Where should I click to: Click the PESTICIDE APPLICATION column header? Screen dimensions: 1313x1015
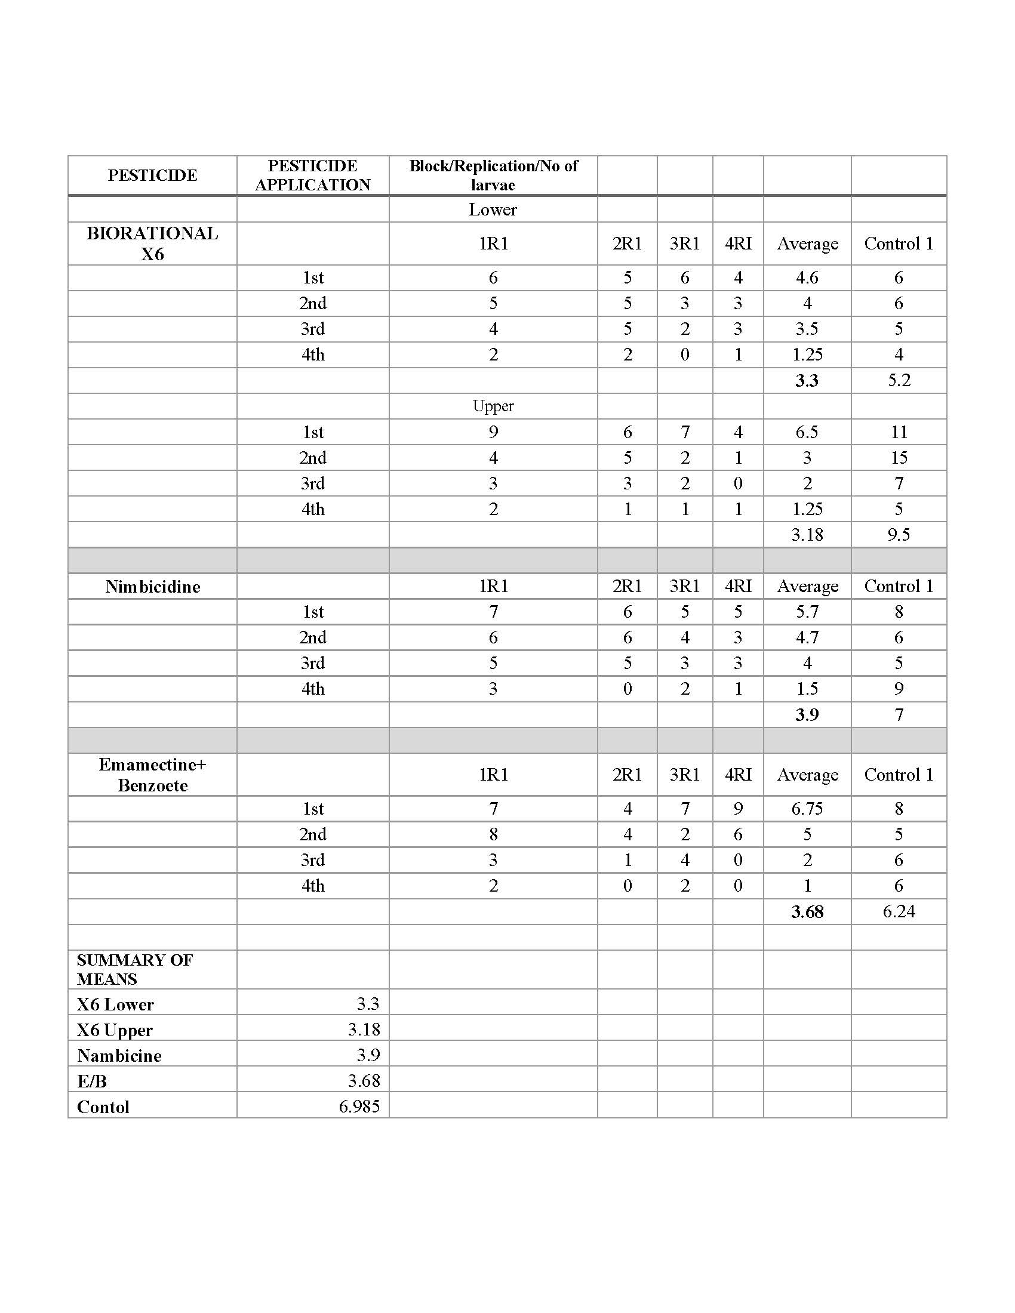click(313, 175)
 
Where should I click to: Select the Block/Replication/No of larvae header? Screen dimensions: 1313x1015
click(493, 175)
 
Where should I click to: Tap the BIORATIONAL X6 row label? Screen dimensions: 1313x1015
click(152, 244)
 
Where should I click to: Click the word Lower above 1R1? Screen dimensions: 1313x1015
click(493, 209)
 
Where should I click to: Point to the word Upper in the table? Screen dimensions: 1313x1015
click(493, 406)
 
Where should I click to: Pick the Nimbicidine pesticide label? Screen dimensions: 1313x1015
click(153, 586)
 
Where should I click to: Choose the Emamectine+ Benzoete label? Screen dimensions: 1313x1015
click(153, 775)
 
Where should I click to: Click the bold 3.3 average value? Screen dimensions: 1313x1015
click(807, 380)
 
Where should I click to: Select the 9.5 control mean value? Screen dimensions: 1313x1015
click(899, 535)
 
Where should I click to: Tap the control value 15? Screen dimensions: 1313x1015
click(899, 458)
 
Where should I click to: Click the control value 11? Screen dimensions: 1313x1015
click(899, 431)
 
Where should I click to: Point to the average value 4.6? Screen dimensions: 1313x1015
click(807, 277)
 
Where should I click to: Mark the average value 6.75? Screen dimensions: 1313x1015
click(807, 809)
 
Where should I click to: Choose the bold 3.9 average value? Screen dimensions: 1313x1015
click(807, 714)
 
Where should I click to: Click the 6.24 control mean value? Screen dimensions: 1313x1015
click(899, 911)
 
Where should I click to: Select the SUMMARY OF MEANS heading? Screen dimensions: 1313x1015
click(135, 969)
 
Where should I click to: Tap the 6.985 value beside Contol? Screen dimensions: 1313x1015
click(359, 1106)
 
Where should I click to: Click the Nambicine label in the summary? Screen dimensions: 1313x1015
click(119, 1056)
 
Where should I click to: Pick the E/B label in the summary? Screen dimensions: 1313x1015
click(92, 1081)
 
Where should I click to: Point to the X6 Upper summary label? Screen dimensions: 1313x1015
click(115, 1030)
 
